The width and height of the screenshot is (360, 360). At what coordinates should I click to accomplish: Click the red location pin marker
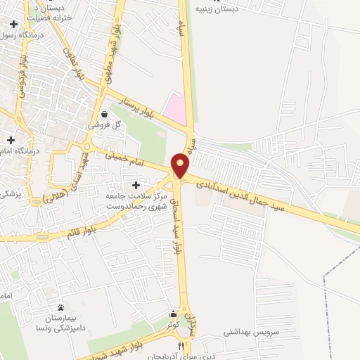tap(181, 165)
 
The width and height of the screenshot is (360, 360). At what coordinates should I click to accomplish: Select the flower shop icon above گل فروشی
tap(104, 114)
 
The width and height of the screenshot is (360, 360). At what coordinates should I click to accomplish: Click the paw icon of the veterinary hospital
tap(60, 308)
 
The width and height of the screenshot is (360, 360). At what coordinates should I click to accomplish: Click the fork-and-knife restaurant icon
tap(182, 345)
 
